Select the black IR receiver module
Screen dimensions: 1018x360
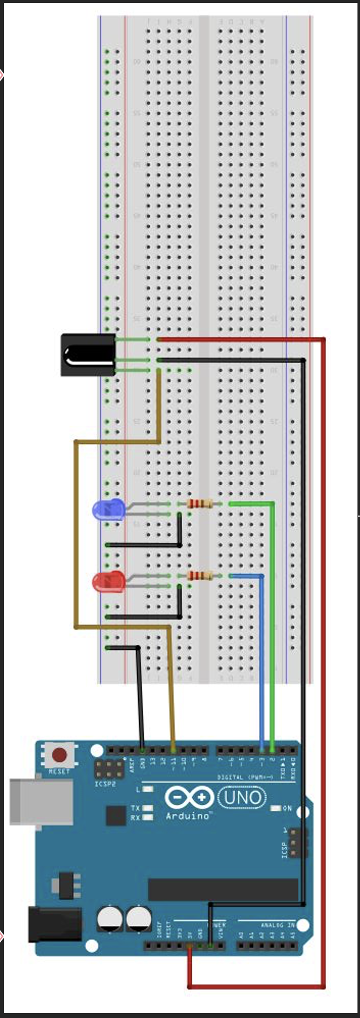87,355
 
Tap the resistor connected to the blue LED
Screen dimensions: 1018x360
200,503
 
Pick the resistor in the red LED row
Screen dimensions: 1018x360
200,575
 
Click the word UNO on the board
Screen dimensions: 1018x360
242,798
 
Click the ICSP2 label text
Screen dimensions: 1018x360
105,784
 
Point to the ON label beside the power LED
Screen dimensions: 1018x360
287,808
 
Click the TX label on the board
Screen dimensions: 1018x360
136,808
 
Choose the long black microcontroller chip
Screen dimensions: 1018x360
222,889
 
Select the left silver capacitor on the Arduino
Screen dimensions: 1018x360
110,918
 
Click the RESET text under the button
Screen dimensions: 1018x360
59,772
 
